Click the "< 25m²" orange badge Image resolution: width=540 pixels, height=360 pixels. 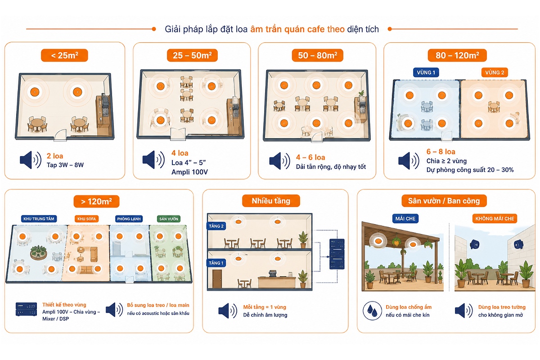64,55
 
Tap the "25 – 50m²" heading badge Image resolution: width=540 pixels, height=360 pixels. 192,55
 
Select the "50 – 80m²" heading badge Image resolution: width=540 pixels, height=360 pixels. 317,55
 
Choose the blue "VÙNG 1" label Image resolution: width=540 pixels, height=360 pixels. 426,72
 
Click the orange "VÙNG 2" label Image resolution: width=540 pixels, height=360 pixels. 495,72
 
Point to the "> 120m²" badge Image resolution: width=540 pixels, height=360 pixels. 96,201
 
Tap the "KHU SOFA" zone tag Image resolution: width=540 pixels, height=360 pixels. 86,219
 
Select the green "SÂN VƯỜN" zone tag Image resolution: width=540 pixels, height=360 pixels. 169,219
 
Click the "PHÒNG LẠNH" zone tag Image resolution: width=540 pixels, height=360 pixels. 129,219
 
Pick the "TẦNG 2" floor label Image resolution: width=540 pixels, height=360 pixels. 216,226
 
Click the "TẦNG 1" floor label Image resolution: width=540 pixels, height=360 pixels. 216,263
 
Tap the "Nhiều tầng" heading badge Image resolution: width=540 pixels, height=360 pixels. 271,201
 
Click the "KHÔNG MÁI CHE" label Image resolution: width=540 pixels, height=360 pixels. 495,219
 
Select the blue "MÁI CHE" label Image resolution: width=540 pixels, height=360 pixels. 405,219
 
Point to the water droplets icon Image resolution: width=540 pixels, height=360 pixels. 372,310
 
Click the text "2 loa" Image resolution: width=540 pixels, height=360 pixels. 55,156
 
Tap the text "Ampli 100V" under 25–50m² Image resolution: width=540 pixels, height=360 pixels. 189,172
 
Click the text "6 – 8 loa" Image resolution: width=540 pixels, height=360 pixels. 441,152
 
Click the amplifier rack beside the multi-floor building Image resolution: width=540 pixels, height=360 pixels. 337,254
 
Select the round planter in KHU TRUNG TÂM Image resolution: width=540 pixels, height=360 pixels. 38,252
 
